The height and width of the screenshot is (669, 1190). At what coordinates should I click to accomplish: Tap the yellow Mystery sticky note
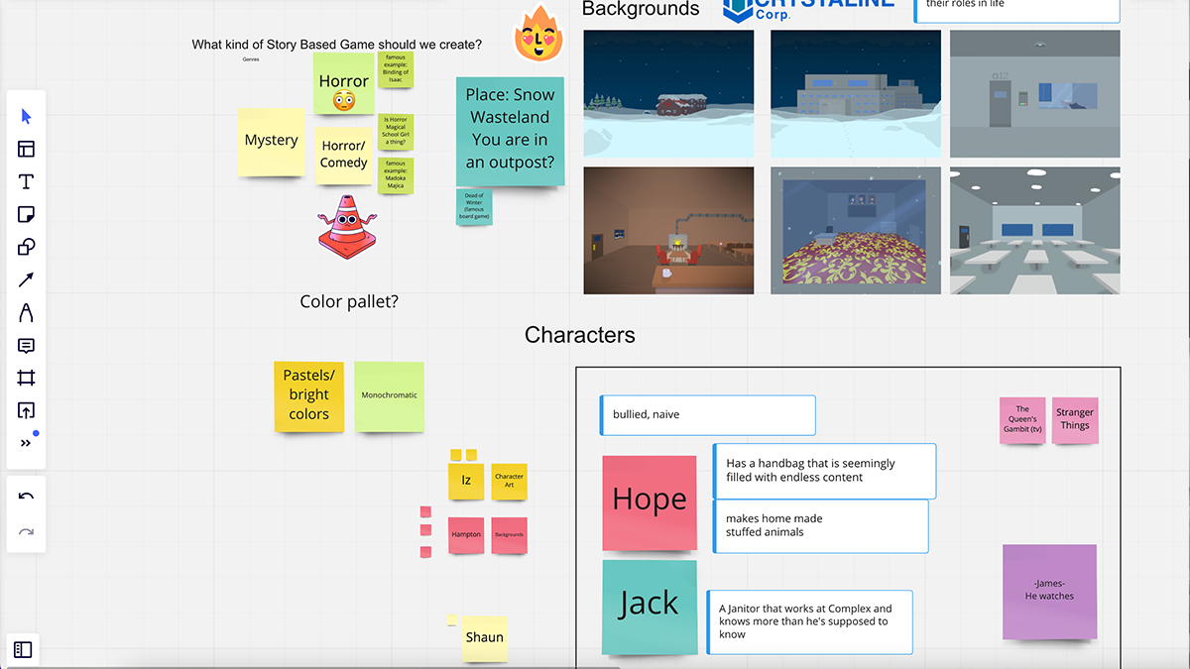click(x=271, y=142)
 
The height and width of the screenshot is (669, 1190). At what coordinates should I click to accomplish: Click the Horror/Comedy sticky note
click(x=344, y=155)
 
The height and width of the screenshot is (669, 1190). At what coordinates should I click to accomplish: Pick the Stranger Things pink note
click(x=1075, y=420)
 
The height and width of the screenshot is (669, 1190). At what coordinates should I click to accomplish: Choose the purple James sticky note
click(x=1049, y=592)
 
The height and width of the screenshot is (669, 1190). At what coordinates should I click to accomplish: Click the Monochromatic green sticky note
click(x=389, y=396)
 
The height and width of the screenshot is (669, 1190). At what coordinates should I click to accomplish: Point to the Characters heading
click(x=580, y=335)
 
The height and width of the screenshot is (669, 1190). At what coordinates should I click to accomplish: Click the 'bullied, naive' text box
click(x=708, y=415)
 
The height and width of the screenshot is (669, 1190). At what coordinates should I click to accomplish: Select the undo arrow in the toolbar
click(x=26, y=497)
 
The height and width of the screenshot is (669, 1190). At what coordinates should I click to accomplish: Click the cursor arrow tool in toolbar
click(x=26, y=117)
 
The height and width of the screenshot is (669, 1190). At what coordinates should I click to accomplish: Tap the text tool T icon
click(x=26, y=182)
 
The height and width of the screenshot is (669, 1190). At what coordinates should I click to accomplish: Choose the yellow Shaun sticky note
click(x=485, y=638)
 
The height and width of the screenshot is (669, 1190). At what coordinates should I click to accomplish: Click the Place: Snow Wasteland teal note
click(x=510, y=131)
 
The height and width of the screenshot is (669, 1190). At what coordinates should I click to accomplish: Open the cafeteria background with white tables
click(x=1034, y=231)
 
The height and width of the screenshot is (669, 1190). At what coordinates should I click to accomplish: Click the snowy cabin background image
click(x=668, y=94)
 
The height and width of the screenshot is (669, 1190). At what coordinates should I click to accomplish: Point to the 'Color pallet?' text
click(x=349, y=301)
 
